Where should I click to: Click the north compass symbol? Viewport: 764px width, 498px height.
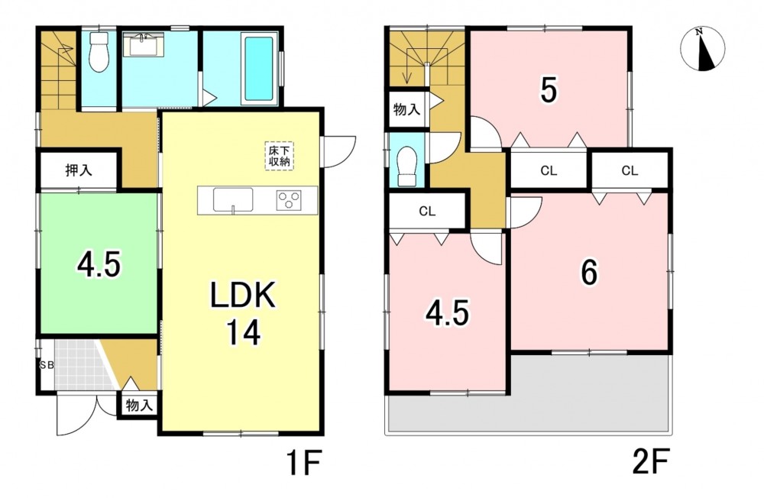point(702,49)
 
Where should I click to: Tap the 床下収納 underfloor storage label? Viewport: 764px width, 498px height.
point(280,156)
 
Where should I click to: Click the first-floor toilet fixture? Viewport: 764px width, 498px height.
point(99,52)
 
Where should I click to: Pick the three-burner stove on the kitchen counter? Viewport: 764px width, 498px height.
point(289,200)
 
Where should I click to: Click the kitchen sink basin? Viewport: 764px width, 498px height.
point(233,200)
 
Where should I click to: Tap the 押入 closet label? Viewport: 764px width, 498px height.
point(79,170)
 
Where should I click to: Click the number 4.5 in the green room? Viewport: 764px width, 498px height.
point(99,266)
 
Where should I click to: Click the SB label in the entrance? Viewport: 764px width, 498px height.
point(47,365)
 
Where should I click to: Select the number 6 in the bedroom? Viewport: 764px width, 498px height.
point(589,273)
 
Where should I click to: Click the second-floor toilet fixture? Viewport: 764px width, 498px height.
point(407,167)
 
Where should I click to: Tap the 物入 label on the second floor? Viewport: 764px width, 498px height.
point(406,109)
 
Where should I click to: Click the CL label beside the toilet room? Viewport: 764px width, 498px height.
point(427,212)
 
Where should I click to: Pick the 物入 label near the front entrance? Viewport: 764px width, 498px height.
point(139,405)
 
